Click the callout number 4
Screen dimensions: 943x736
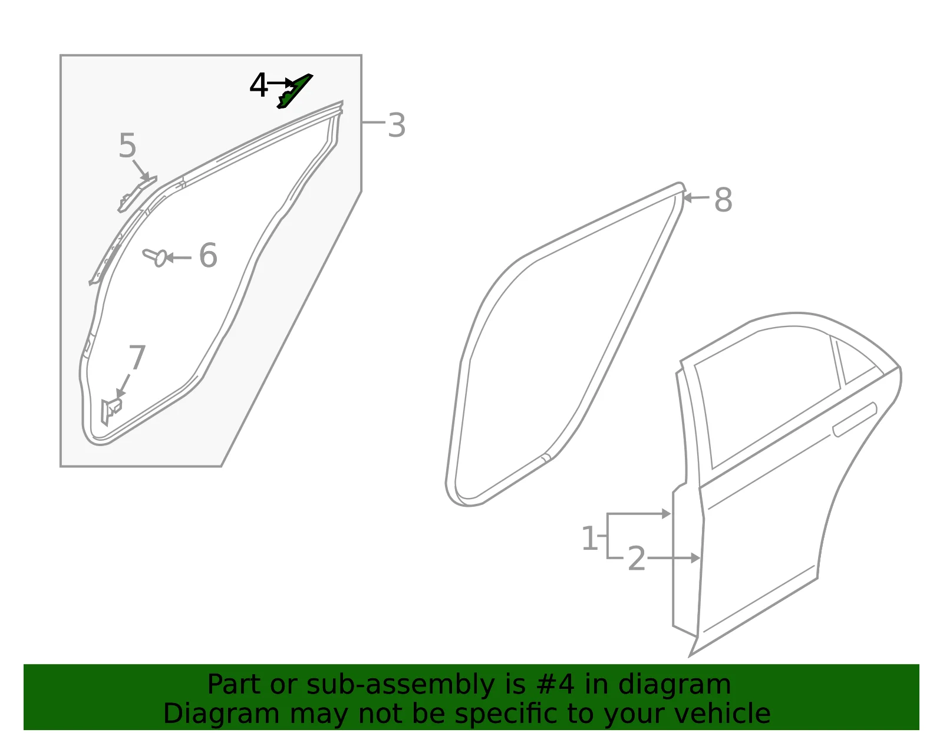[x=258, y=85]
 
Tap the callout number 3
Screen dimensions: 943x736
[x=397, y=126]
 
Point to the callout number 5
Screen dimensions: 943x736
[x=127, y=146]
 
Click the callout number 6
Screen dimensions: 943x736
[x=208, y=255]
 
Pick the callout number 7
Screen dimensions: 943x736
[x=137, y=357]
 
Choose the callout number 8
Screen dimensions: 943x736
[x=723, y=200]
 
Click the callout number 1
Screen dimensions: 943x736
[x=589, y=538]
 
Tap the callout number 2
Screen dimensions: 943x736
[x=637, y=559]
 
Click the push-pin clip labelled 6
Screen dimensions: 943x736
[x=155, y=257]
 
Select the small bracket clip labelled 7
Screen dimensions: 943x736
[x=111, y=411]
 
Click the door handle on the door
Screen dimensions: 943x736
[x=855, y=420]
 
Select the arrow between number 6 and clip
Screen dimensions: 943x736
[x=179, y=258]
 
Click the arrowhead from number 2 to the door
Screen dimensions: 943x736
[x=695, y=558]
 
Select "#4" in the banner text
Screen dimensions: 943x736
[x=555, y=684]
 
